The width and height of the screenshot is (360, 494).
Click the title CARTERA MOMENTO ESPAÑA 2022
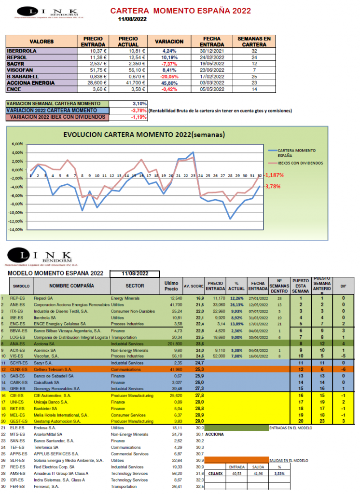(x=180, y=11)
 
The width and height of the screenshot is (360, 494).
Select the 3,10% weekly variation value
(x=139, y=104)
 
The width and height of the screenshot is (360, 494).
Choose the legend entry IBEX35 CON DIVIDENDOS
(x=300, y=163)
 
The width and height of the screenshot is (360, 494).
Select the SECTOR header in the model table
(x=135, y=286)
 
